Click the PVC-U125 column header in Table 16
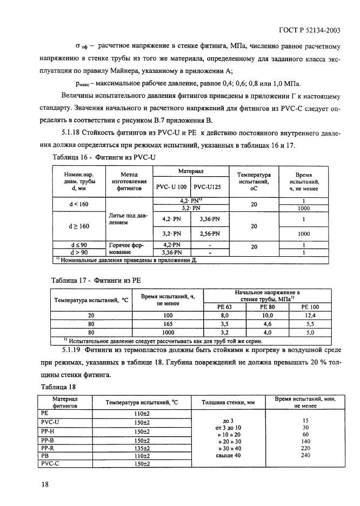[208, 187]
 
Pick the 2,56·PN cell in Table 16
[208, 234]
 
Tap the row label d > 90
[79, 252]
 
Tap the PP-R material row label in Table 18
[49, 447]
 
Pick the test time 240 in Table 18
[305, 455]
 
